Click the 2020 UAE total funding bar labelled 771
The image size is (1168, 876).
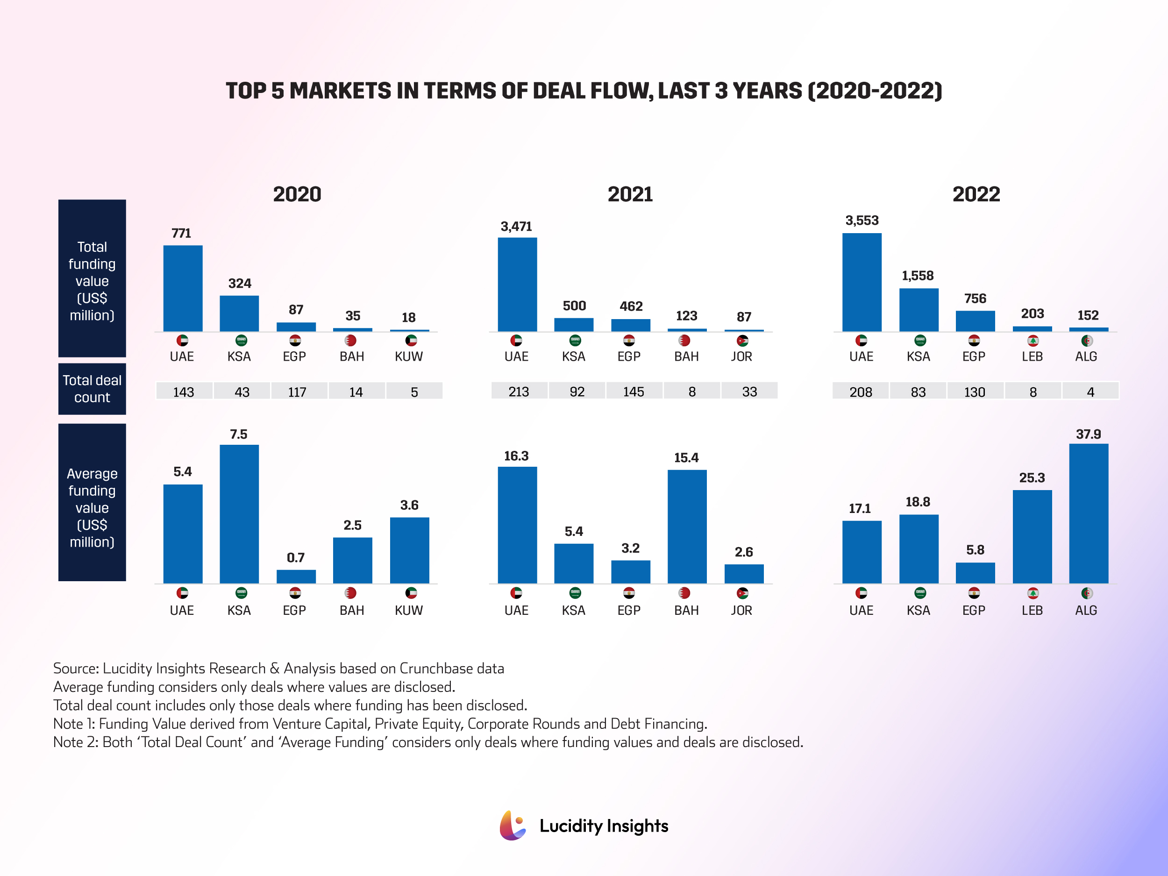coord(183,288)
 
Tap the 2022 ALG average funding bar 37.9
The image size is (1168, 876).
coord(1088,513)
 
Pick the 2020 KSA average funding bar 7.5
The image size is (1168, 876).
coord(239,514)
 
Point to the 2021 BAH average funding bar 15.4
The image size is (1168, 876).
coord(686,527)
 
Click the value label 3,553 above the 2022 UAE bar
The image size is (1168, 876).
coord(862,220)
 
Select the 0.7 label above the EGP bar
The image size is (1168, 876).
coord(296,557)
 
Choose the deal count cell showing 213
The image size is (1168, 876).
coord(519,391)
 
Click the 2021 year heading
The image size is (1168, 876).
coord(630,194)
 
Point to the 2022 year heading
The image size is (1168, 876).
coord(976,194)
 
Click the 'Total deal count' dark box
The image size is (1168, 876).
coord(92,389)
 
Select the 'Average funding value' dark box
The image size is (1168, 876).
coord(92,502)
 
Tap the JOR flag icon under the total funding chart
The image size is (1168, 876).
coord(742,341)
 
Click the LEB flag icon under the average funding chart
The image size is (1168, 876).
coord(1033,593)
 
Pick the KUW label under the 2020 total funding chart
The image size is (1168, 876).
coord(409,356)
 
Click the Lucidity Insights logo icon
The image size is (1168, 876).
coord(512,826)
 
